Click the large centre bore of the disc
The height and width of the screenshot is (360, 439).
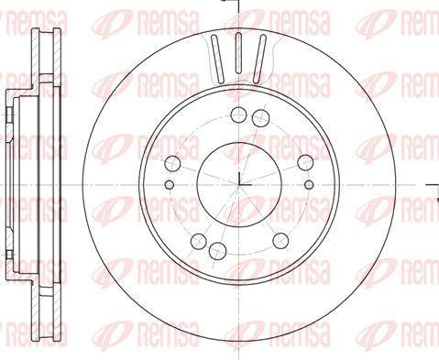[239, 185]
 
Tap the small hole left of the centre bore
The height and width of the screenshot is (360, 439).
[169, 184]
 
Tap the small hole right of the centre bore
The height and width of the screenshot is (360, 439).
[309, 184]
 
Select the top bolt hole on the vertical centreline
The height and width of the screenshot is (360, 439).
[238, 115]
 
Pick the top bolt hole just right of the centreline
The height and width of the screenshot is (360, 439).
[261, 118]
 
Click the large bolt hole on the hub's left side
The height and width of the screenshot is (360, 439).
[173, 163]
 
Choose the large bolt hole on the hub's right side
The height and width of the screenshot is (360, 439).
[305, 162]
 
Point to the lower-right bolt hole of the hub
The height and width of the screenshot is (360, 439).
[280, 241]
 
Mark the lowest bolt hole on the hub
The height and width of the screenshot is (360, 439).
[217, 251]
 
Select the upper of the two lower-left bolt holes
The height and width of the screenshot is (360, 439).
[199, 241]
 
